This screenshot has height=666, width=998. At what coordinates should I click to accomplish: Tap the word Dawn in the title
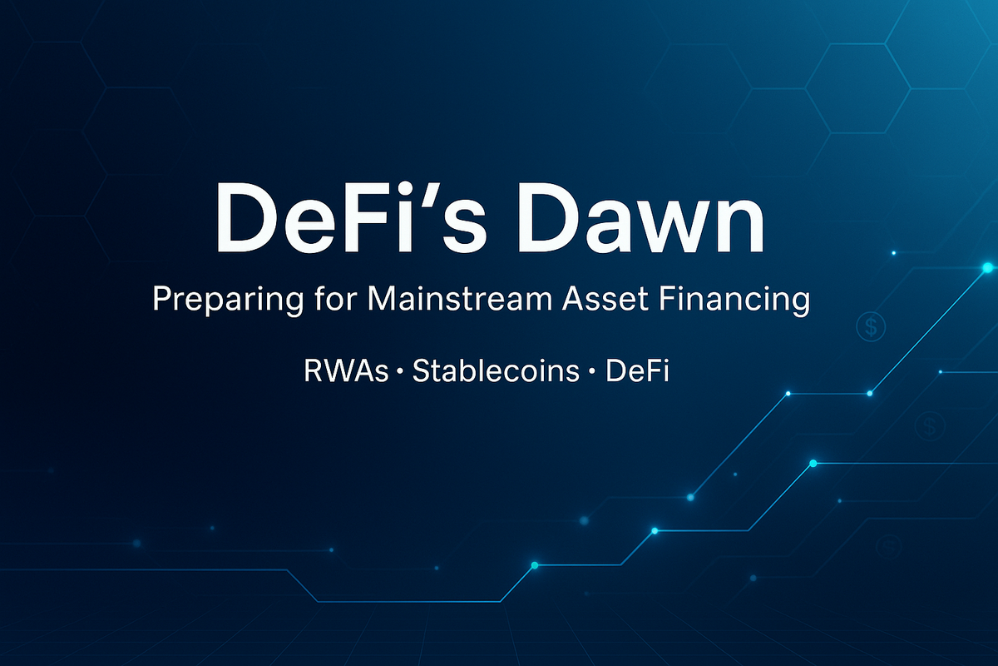pyautogui.click(x=637, y=221)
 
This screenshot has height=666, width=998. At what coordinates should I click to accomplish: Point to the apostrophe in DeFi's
pyautogui.click(x=420, y=199)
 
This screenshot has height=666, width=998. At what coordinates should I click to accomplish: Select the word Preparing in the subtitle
pyautogui.click(x=220, y=301)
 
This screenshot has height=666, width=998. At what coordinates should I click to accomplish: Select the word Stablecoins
pyautogui.click(x=496, y=370)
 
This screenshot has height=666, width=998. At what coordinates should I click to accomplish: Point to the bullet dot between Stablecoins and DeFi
pyautogui.click(x=592, y=372)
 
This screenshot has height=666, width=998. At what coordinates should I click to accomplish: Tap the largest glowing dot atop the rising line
pyautogui.click(x=987, y=267)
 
